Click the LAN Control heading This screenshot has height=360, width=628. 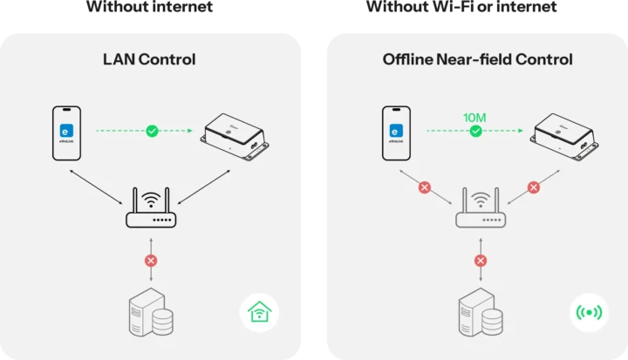149,59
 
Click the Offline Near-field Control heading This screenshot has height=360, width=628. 477,59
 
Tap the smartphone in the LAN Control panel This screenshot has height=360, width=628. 66,133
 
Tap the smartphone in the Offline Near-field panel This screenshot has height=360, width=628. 397,133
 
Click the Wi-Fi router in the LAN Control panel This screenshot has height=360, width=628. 152,209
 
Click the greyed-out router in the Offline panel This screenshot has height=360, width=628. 480,209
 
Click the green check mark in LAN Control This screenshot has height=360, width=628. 152,131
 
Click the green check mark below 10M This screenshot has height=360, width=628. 475,132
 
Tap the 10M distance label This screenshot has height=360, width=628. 475,116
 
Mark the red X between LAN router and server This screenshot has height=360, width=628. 151,261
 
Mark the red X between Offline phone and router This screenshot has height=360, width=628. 425,187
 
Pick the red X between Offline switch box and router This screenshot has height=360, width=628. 534,187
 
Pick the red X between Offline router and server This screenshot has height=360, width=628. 480,261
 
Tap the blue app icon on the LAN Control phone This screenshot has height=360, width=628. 65,131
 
